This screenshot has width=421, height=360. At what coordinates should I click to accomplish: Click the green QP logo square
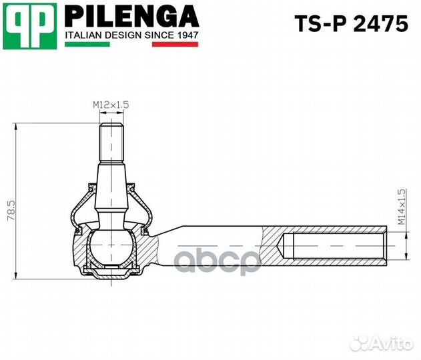[x=30, y=26]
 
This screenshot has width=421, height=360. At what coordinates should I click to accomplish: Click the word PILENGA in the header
[x=132, y=16]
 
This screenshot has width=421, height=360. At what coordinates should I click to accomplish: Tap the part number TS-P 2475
[x=352, y=24]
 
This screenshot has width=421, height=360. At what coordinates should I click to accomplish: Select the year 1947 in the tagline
[x=187, y=35]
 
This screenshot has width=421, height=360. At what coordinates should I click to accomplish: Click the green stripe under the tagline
[x=87, y=44]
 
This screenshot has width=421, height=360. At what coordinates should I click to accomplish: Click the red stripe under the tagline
[x=175, y=44]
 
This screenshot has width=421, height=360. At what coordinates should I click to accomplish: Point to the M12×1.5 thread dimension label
[x=111, y=105]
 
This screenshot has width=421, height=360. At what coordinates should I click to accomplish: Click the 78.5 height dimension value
[x=11, y=211]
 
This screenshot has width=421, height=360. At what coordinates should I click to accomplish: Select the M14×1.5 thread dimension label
[x=401, y=207]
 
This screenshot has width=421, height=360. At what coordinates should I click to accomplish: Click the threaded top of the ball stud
[x=111, y=143]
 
